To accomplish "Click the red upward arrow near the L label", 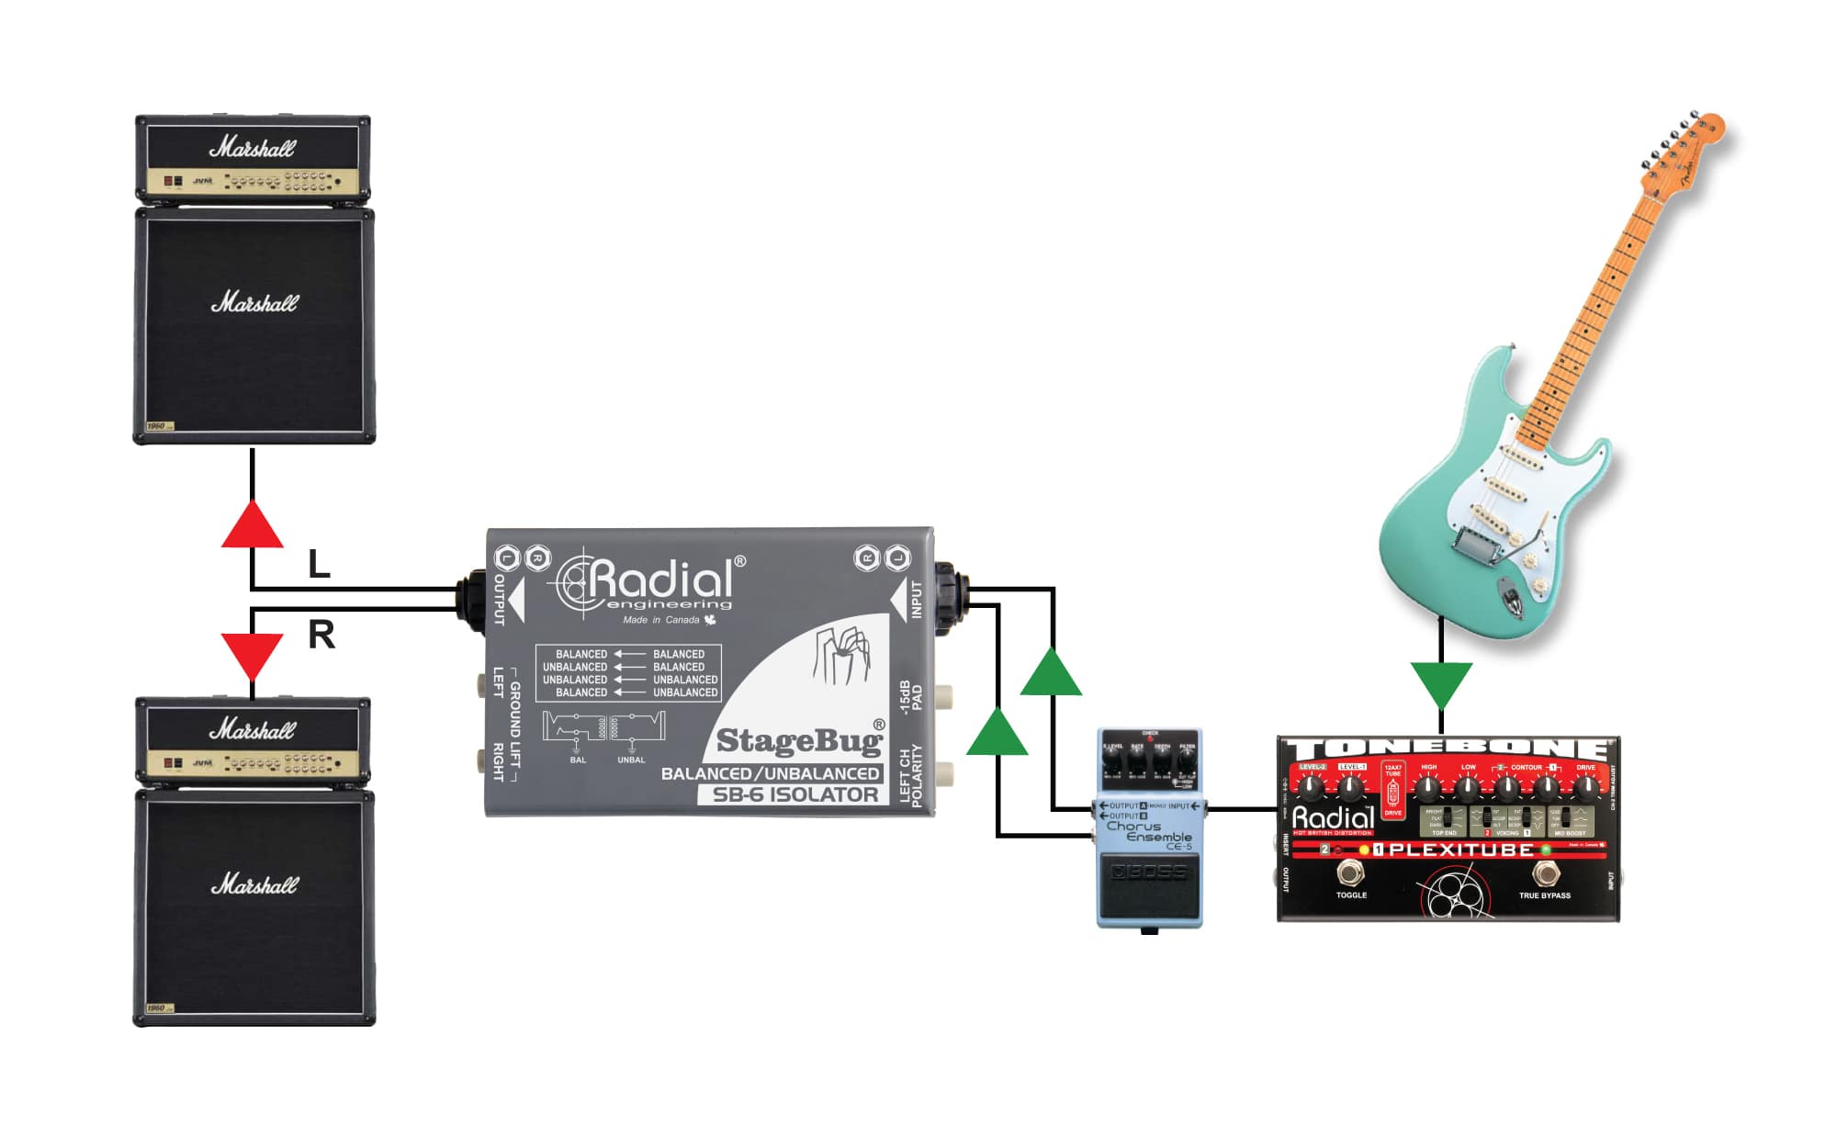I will click(252, 527).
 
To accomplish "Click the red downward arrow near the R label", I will click(252, 653).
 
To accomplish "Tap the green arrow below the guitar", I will click(1441, 683).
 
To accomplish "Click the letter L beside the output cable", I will click(319, 564).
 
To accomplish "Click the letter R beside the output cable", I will click(321, 635).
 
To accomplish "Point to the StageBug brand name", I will click(798, 740).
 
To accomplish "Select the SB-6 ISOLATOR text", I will click(795, 795).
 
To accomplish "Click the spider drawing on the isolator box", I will click(841, 654).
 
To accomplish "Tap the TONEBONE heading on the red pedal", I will click(1447, 748).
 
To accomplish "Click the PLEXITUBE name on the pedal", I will click(1460, 850).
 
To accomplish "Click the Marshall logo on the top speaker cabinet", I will click(254, 302).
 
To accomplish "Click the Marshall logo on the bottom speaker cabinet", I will click(254, 884).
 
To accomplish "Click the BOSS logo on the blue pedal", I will click(1150, 872).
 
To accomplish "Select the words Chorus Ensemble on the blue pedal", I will click(1148, 832).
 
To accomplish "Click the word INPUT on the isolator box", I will click(916, 599).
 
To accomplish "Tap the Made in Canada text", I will click(661, 620).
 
